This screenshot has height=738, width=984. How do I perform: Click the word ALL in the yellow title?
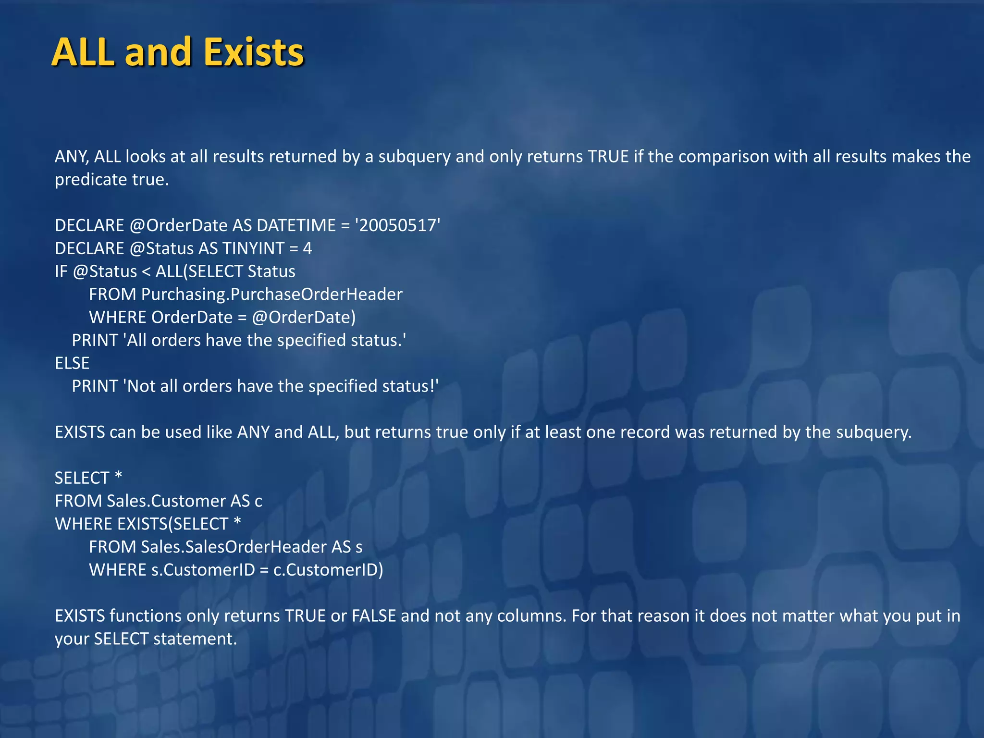[x=83, y=52]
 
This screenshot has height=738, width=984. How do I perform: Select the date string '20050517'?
[x=397, y=225]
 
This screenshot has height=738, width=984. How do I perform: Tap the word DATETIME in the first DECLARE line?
[x=296, y=225]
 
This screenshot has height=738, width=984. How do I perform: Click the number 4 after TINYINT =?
[x=307, y=248]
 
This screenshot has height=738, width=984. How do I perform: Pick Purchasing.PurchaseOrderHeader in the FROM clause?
[x=271, y=294]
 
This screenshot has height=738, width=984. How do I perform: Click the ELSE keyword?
[x=72, y=363]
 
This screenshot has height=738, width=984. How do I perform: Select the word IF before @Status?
[x=61, y=271]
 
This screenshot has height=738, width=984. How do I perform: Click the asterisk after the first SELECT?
[x=118, y=477]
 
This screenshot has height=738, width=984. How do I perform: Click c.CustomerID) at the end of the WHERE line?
[x=328, y=570]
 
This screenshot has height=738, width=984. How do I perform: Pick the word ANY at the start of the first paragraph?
[x=72, y=157]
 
